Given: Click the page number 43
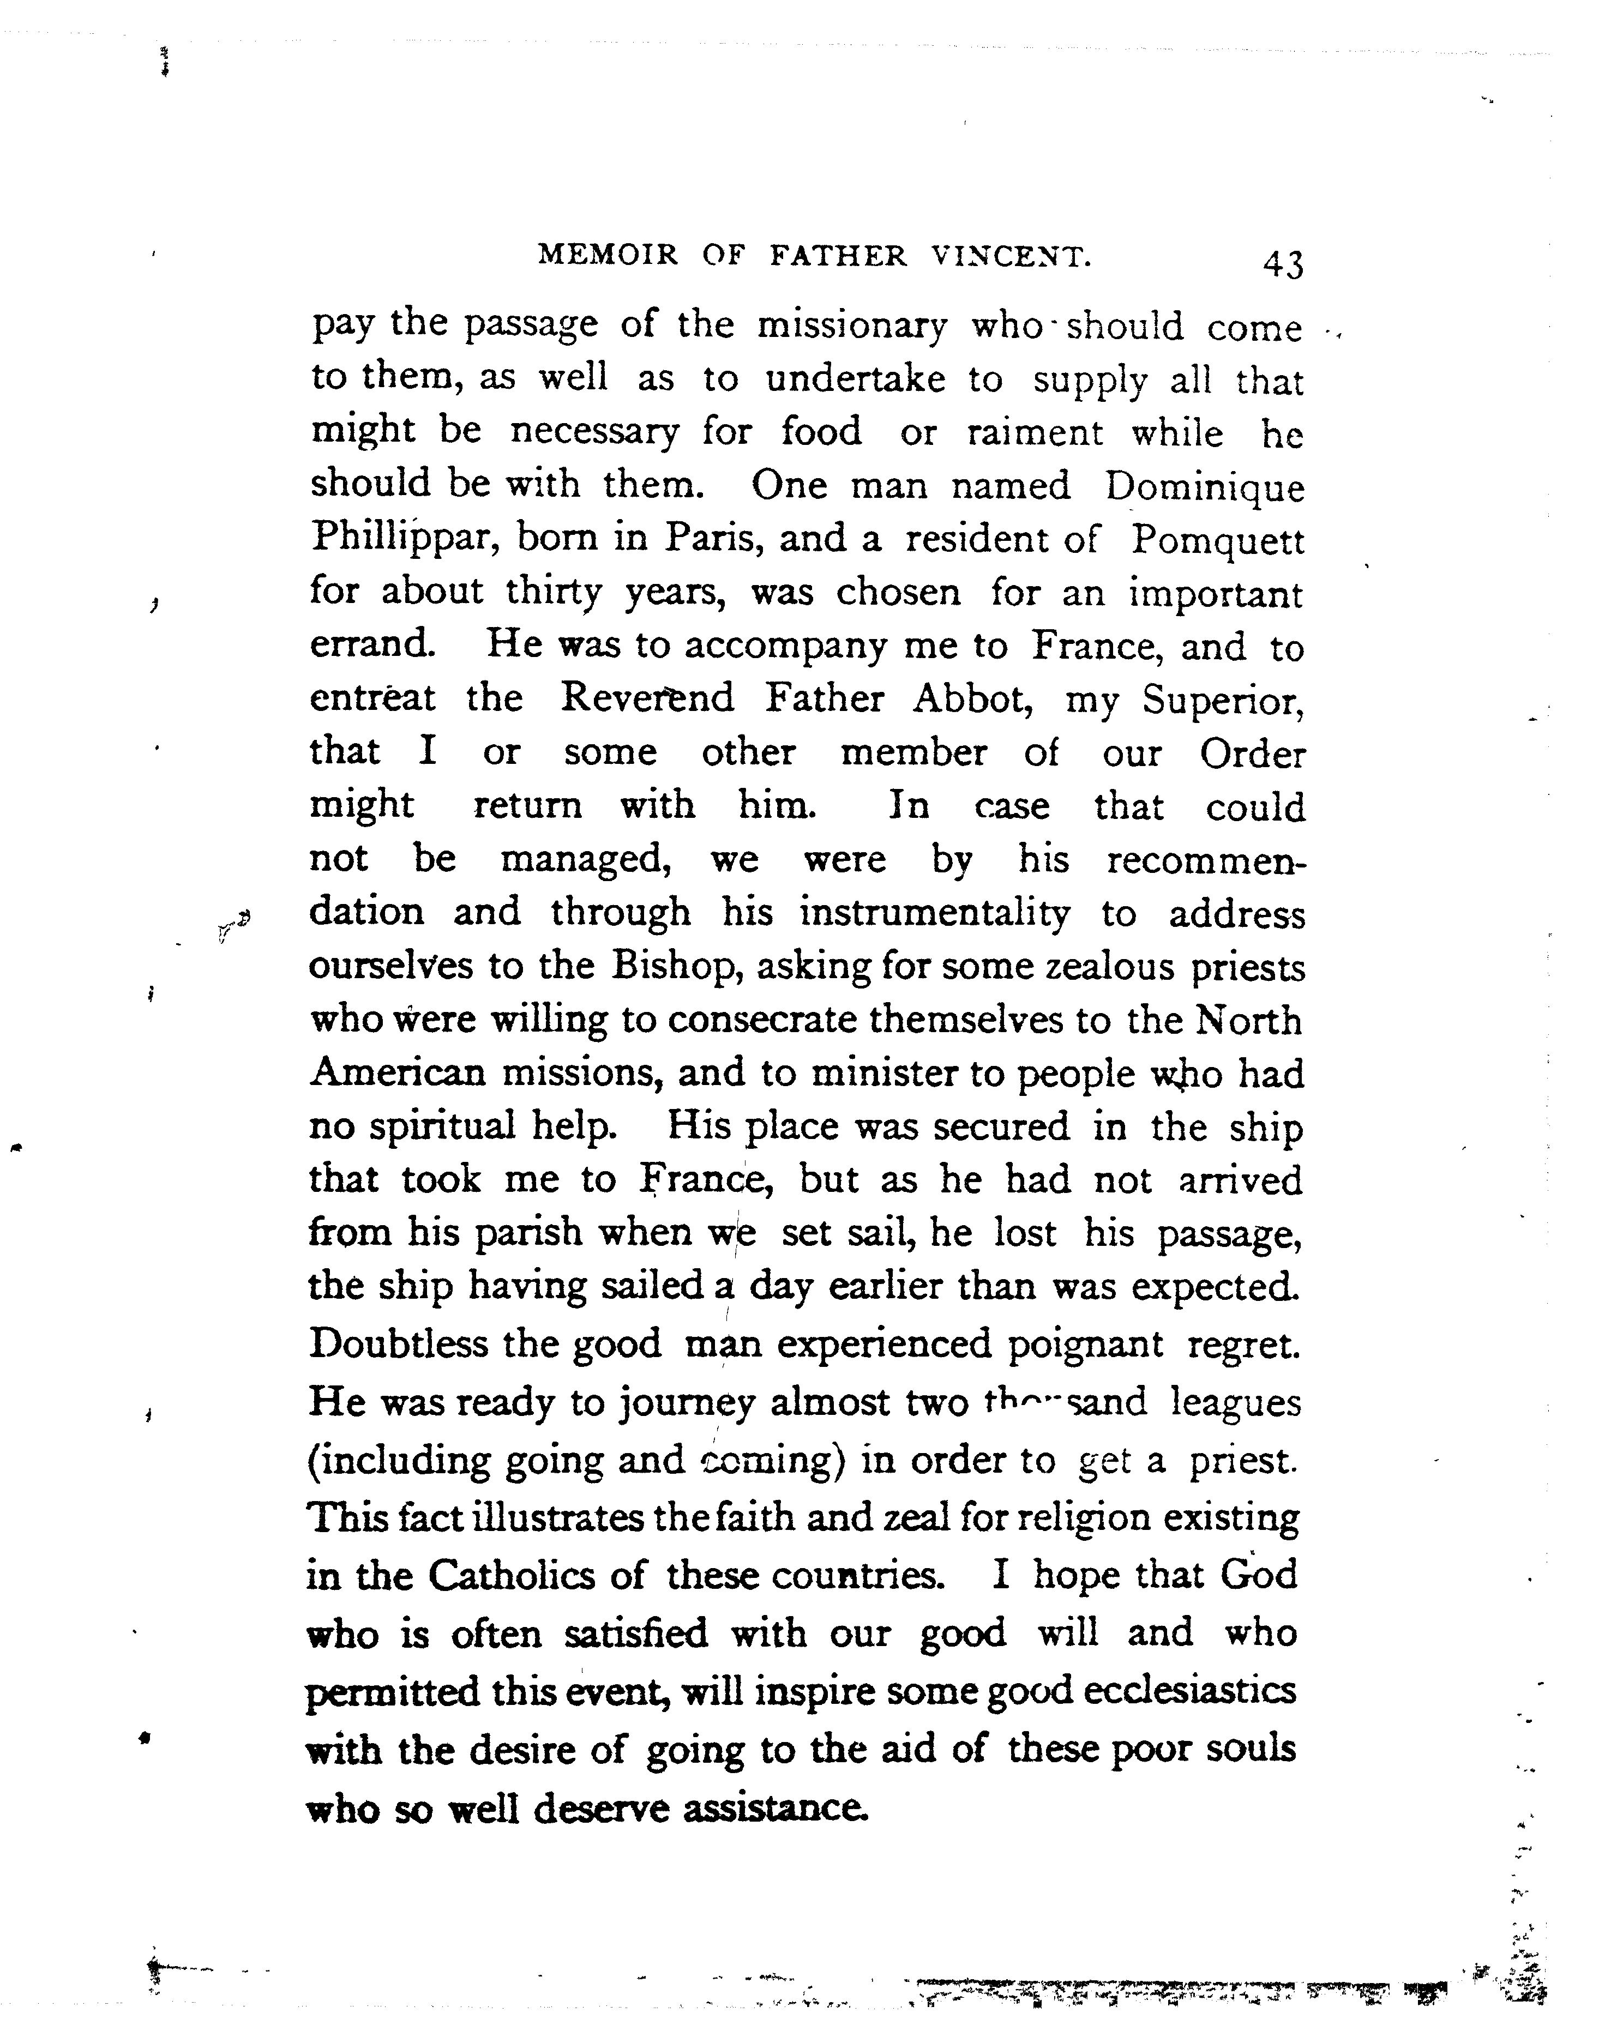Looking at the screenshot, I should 1283,265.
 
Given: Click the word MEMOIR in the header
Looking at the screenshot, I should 608,256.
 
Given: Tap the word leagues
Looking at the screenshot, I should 1236,1403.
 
